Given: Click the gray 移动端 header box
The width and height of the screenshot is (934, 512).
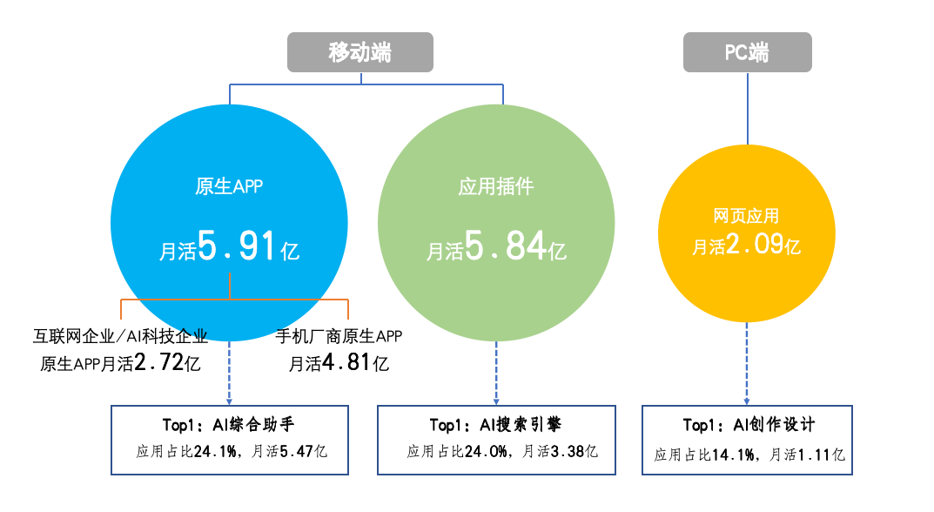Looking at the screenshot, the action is [x=359, y=52].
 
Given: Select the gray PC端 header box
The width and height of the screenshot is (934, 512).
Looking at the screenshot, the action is [x=747, y=52].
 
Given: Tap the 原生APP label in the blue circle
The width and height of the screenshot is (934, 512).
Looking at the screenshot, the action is [x=229, y=186].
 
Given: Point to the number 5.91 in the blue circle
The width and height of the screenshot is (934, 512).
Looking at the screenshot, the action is [x=237, y=246].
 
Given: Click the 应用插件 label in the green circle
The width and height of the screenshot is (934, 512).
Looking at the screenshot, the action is [x=495, y=186].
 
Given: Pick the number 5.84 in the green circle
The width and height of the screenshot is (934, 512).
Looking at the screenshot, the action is [x=505, y=246].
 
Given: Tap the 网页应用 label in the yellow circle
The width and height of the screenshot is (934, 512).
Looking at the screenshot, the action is [x=746, y=216].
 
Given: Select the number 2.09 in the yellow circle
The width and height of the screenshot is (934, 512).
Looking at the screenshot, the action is [x=754, y=244].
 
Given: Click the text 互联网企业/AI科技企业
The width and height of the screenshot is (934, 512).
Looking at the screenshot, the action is [x=120, y=336].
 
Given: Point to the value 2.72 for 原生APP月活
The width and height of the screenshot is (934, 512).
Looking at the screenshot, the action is [x=158, y=362].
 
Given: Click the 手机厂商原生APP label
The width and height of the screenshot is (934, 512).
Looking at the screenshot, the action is [x=339, y=336].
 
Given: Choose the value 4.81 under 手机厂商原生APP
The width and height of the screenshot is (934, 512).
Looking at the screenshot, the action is [x=346, y=362].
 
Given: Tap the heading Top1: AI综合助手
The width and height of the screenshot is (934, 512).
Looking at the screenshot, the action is [x=229, y=424].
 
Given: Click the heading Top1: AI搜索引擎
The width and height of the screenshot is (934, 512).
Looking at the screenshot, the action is [x=495, y=424].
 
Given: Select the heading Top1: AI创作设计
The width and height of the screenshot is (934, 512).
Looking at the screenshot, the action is [x=749, y=424].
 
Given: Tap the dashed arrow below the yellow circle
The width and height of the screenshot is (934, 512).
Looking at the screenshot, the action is [x=747, y=364].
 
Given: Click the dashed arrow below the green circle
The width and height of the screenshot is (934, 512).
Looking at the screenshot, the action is [x=496, y=374].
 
